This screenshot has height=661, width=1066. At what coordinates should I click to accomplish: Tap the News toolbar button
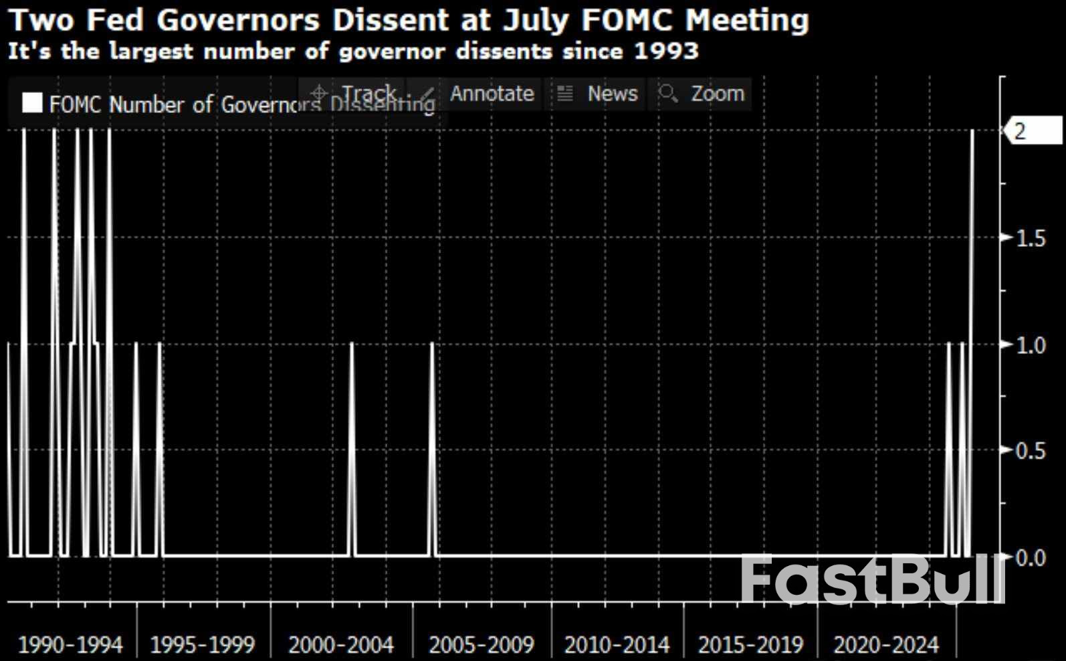coord(597,94)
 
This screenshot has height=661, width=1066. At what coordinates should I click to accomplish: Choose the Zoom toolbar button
coord(702,94)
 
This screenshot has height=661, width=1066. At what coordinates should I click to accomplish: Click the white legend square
coord(32,103)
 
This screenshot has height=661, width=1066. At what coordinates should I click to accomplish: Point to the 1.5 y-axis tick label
coord(1031,238)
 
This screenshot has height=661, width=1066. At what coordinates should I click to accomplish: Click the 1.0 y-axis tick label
coord(1031,345)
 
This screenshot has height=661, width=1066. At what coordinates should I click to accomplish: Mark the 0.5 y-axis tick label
coord(1031,451)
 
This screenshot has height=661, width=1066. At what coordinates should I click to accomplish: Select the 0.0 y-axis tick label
coord(1031,557)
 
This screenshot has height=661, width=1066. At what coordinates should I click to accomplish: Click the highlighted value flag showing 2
coord(1033,130)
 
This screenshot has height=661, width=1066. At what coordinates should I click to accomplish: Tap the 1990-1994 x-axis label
coord(70,645)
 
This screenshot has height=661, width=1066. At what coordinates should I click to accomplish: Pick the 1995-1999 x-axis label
coord(203,645)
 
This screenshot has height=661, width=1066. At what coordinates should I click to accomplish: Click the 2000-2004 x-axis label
coord(341,645)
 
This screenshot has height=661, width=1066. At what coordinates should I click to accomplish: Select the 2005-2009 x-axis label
coord(482,645)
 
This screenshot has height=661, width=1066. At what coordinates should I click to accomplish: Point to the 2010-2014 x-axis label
coord(617,645)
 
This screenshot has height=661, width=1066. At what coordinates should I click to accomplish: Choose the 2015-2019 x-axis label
coord(750,645)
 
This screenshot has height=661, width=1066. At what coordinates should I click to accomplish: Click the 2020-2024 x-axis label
coord(886,645)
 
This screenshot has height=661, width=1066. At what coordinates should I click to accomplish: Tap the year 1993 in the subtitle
coord(665,51)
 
